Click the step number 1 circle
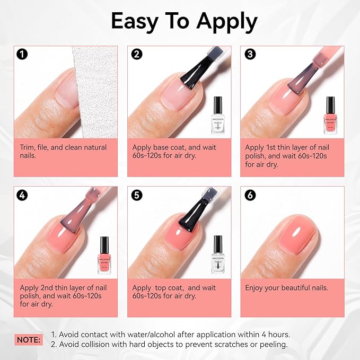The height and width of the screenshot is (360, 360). point(22,54)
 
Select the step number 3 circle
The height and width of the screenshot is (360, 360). point(250,54)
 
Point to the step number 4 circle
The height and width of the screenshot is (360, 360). point(22,195)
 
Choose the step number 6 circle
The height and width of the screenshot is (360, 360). point(250,195)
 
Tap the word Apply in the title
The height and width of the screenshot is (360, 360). point(227,22)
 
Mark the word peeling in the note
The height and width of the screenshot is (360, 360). point(270,345)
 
